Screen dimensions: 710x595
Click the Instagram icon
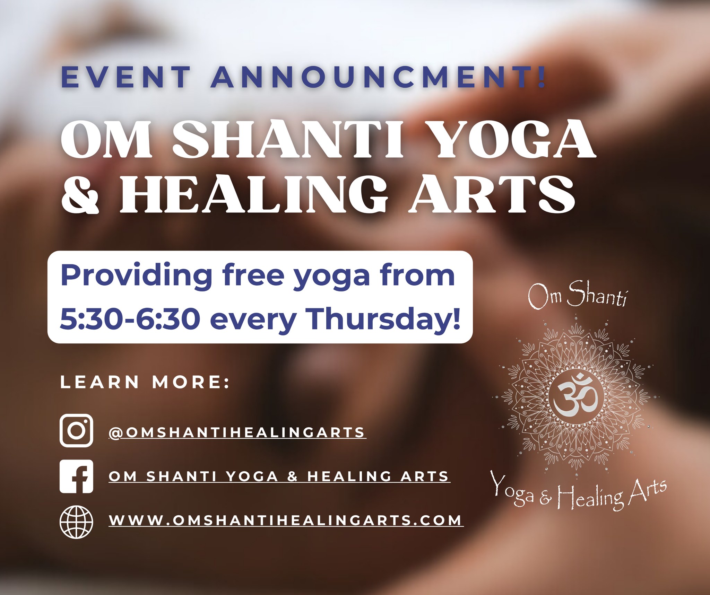76,430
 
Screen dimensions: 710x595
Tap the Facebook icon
76,476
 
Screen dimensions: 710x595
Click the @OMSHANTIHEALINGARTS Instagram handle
237,432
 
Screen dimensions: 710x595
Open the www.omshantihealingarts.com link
286,520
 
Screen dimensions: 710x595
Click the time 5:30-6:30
130,318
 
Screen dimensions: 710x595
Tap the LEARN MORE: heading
145,382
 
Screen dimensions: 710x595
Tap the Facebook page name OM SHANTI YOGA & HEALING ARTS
279,476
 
